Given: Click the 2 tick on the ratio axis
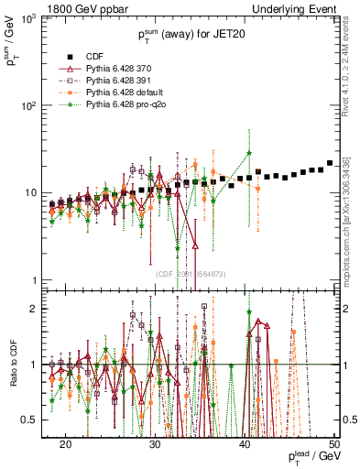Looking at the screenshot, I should point(38,308).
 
